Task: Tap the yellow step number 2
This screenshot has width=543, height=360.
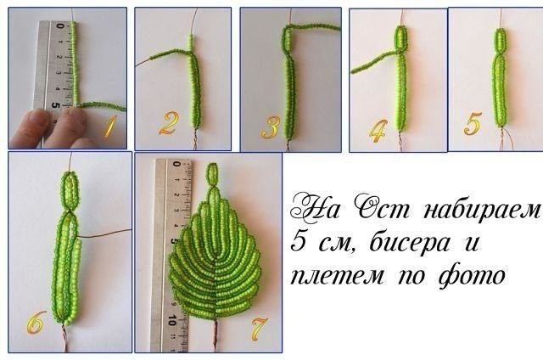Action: [166, 125]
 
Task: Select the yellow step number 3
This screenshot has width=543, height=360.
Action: [270, 127]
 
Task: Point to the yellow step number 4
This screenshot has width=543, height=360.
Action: [378, 129]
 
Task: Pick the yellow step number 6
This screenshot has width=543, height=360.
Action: [35, 323]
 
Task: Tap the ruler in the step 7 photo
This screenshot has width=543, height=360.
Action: [172, 255]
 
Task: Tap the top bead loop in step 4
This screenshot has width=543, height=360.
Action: [401, 38]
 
